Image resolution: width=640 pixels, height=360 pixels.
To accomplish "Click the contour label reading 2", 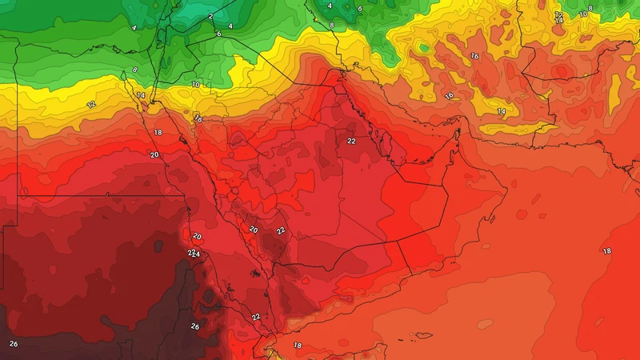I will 210,16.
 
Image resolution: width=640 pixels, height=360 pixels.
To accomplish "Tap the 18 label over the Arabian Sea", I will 606,251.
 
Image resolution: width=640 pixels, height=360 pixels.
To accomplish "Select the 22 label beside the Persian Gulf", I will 351,141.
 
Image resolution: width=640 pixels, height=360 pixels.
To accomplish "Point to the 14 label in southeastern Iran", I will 501,110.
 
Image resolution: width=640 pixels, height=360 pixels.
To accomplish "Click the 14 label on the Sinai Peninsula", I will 141,96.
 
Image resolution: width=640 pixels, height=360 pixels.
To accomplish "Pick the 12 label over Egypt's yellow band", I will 90,105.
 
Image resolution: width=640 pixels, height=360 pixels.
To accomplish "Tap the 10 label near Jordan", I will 196,85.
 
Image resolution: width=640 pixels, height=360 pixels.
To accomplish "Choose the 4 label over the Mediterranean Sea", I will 134,28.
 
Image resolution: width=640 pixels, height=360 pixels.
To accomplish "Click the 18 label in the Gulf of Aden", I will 298,345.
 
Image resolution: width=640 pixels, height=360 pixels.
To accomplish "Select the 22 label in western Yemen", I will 256,317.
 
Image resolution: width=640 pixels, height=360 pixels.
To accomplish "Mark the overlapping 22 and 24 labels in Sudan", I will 193,254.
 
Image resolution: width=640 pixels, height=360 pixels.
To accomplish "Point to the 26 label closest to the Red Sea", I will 194,326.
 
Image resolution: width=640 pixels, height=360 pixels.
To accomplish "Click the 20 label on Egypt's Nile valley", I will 154,154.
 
